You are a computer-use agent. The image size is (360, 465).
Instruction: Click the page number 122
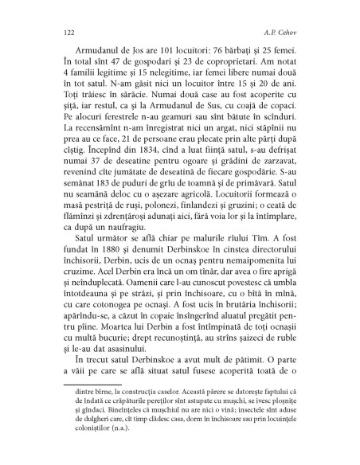coord(56,34)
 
